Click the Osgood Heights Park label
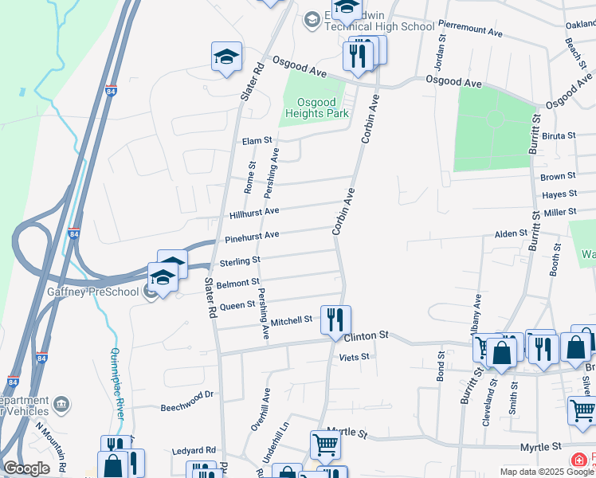click(317, 108)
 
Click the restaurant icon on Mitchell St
click(335, 319)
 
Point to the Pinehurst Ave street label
click(252, 236)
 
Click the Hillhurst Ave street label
click(254, 213)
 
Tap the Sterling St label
click(240, 261)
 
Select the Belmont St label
click(237, 282)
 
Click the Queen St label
click(237, 304)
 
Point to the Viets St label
click(354, 357)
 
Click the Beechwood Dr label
click(188, 394)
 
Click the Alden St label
click(512, 234)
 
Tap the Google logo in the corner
click(26, 468)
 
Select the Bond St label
click(440, 365)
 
